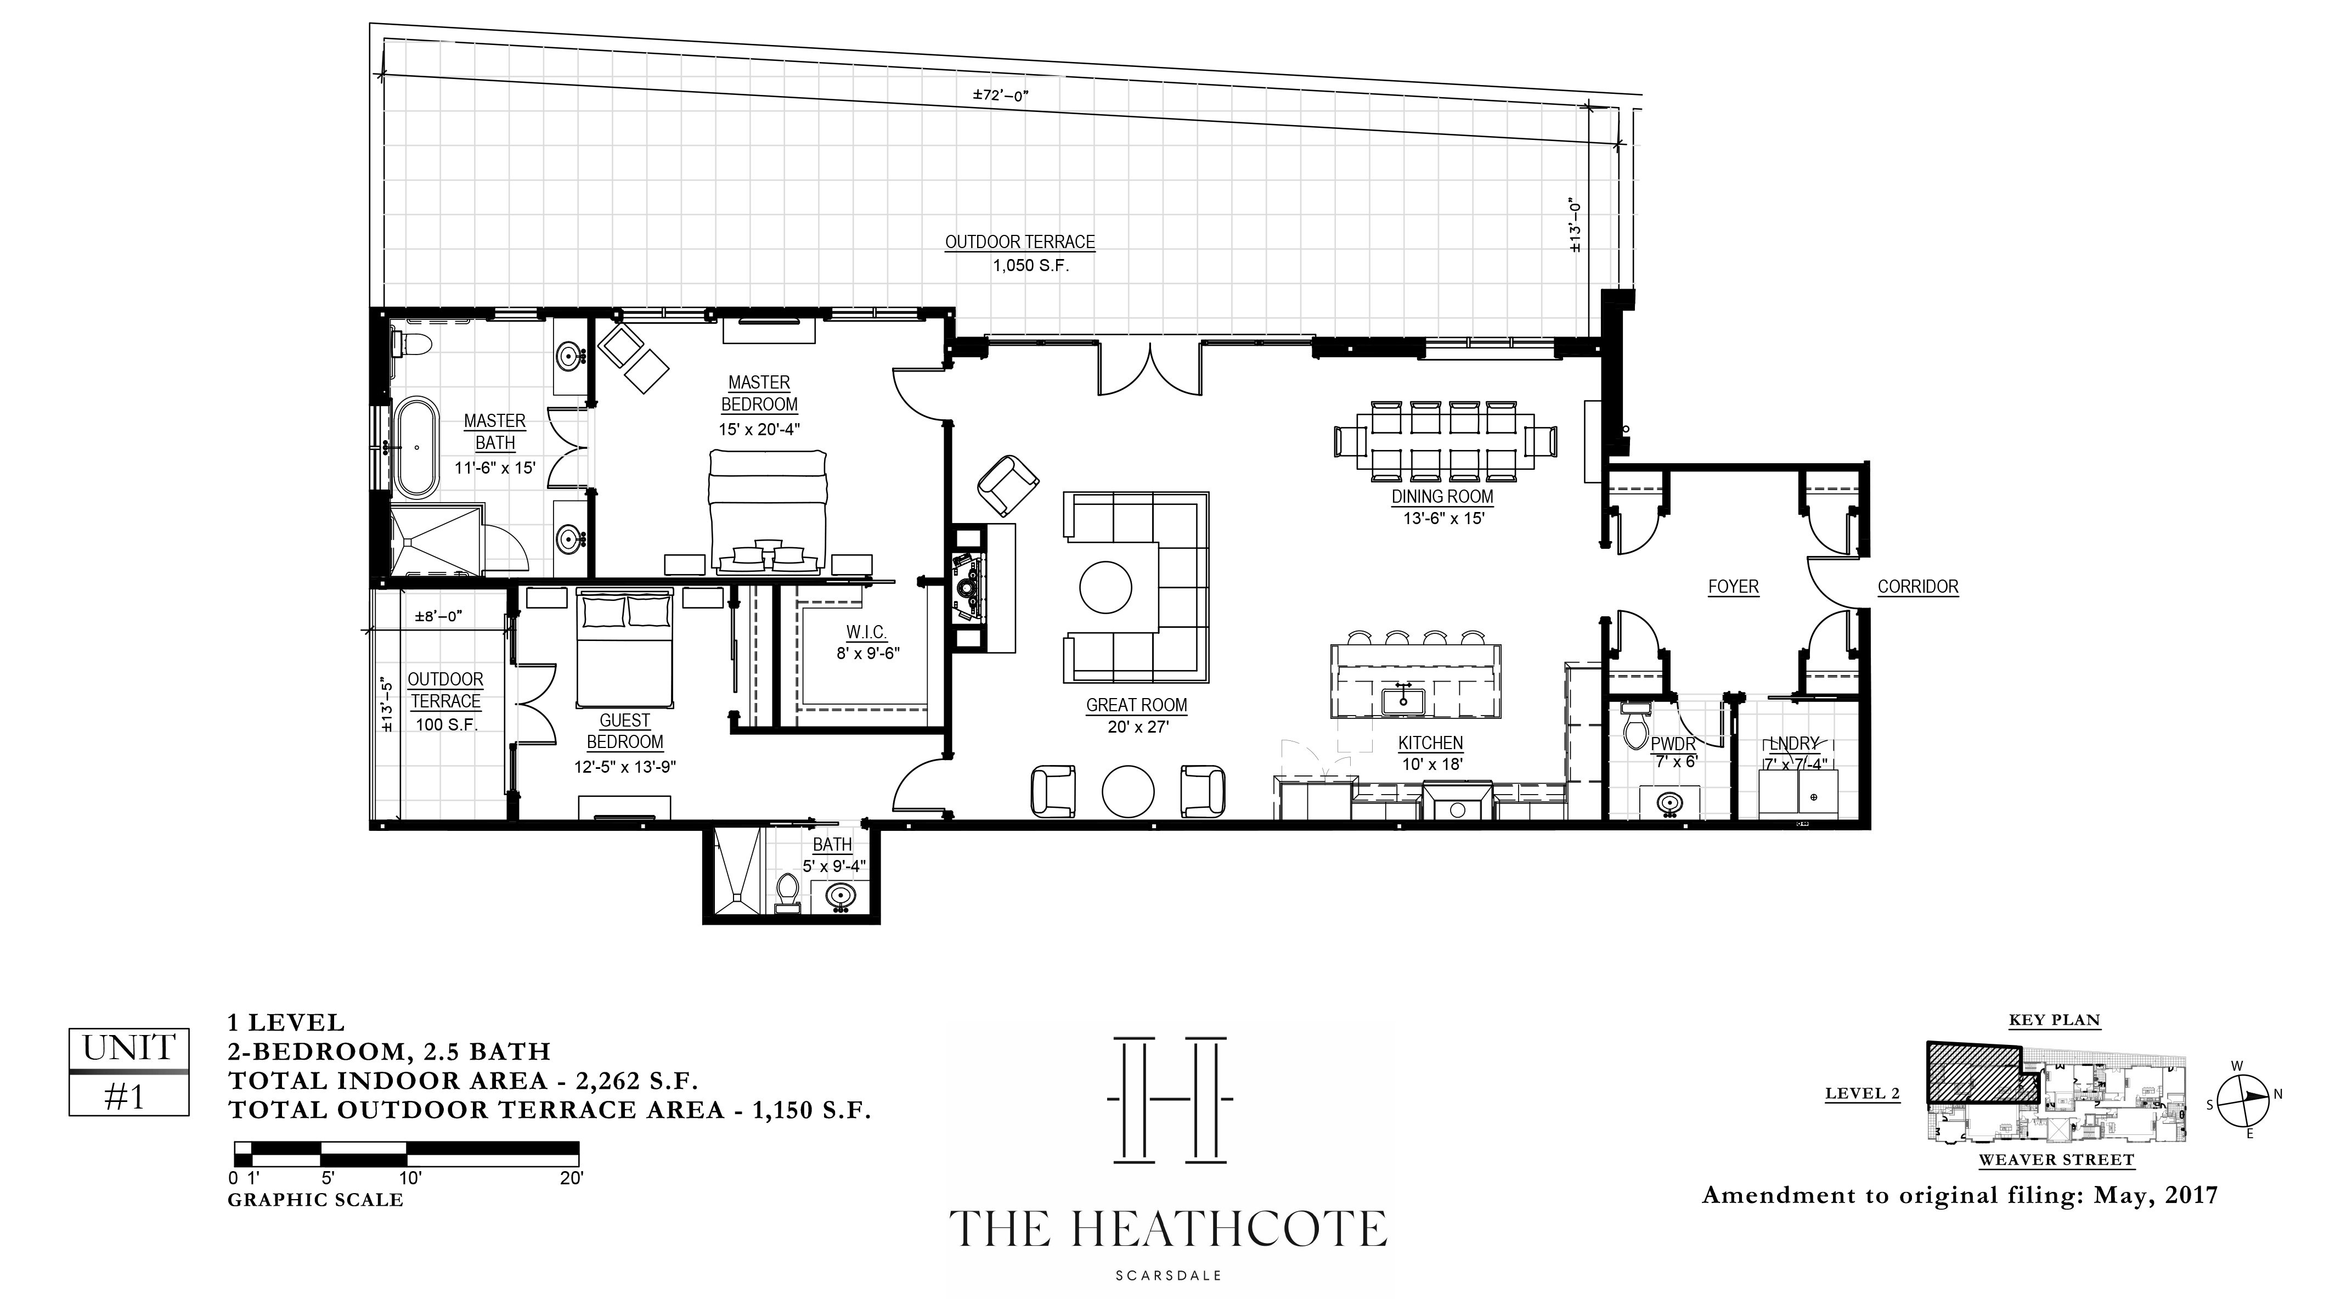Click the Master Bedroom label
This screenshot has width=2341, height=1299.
(759, 393)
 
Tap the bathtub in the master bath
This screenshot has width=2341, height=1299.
(416, 447)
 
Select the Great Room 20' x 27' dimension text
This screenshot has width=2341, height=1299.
(1137, 727)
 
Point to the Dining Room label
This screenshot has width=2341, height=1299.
(1442, 496)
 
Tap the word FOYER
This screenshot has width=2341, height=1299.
(1733, 586)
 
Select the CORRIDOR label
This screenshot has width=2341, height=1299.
(1917, 586)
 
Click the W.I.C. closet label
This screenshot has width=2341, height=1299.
(866, 632)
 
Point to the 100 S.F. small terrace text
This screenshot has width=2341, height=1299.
(446, 724)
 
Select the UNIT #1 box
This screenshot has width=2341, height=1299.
(129, 1072)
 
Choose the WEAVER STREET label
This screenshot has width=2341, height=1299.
(2056, 1160)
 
